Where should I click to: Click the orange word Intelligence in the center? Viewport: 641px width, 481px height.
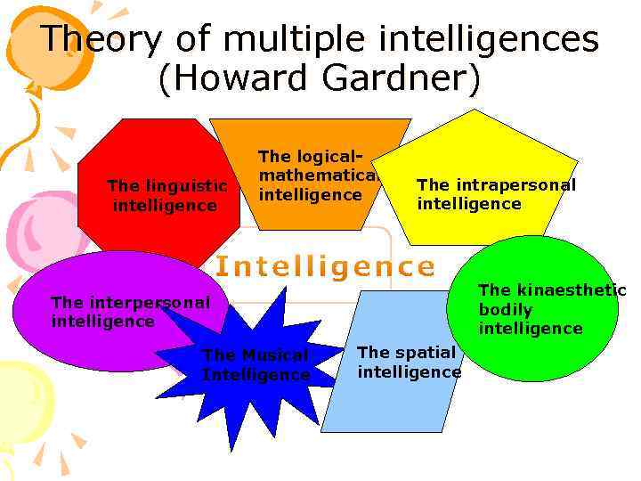pyautogui.click(x=326, y=266)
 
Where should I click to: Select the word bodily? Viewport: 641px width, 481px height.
pyautogui.click(x=506, y=310)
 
